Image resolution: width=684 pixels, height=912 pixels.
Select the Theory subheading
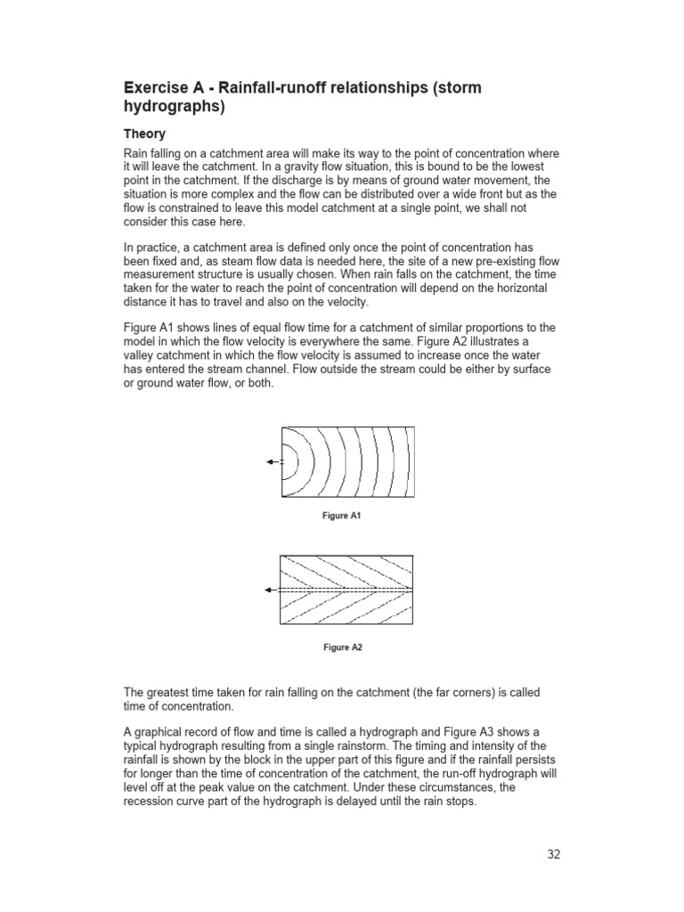tap(144, 134)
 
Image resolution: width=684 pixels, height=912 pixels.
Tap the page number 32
tap(554, 854)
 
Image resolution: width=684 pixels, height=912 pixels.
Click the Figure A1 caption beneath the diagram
tap(342, 516)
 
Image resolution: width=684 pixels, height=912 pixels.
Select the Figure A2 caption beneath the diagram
tap(342, 647)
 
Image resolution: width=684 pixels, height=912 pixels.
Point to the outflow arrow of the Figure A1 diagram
tap(273, 461)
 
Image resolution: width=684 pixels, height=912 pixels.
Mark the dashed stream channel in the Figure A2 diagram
tap(347, 590)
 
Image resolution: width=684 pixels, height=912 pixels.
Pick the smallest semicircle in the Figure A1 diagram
tap(285, 461)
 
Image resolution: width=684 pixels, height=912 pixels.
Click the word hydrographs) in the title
tap(174, 107)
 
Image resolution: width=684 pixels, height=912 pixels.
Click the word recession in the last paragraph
tap(149, 801)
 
